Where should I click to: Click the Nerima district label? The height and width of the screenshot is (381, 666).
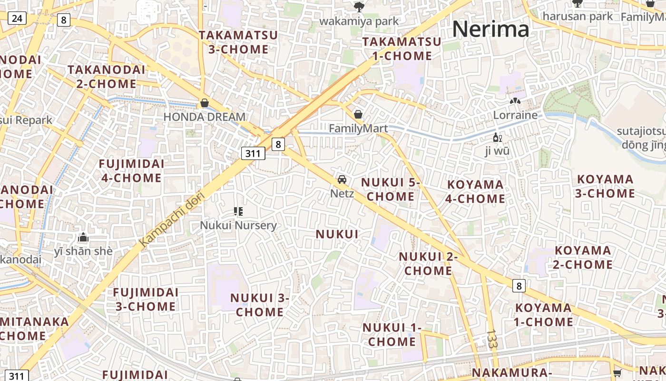click(x=490, y=29)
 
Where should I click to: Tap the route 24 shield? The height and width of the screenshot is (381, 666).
click(x=17, y=19)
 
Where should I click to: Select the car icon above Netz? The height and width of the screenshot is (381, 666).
click(x=342, y=180)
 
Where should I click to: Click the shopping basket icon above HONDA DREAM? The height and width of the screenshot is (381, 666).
click(x=205, y=103)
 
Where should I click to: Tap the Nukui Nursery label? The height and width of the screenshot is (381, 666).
click(x=238, y=225)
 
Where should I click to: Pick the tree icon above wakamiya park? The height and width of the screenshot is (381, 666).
click(x=359, y=7)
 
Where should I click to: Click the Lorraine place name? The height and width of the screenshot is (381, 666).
click(x=515, y=115)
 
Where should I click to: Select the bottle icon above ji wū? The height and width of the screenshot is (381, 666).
click(x=497, y=138)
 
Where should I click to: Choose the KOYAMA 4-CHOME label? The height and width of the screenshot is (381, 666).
click(x=475, y=191)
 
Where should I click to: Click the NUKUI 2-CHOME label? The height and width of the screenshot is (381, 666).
click(x=428, y=263)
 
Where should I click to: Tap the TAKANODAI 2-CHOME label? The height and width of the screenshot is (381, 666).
click(x=106, y=77)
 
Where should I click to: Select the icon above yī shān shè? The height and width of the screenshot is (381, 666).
click(x=83, y=237)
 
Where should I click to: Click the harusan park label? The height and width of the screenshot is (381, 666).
click(x=578, y=16)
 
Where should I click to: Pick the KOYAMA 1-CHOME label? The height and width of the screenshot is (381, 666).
click(x=543, y=315)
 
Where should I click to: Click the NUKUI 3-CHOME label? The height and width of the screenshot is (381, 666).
click(x=260, y=305)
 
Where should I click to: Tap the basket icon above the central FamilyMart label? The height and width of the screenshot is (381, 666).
click(x=358, y=114)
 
